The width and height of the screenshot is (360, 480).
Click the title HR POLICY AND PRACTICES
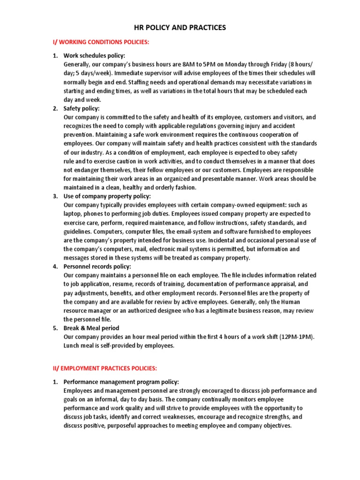tap(180, 28)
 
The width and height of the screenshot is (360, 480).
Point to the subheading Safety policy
tap(82, 108)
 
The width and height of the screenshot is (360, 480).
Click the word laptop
tap(73, 214)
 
